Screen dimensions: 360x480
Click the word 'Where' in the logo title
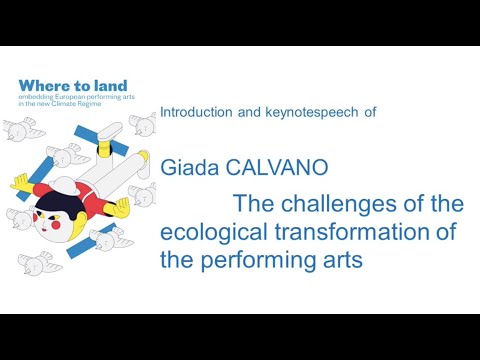click(41, 86)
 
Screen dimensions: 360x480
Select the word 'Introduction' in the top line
click(200, 113)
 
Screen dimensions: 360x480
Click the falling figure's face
click(48, 221)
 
